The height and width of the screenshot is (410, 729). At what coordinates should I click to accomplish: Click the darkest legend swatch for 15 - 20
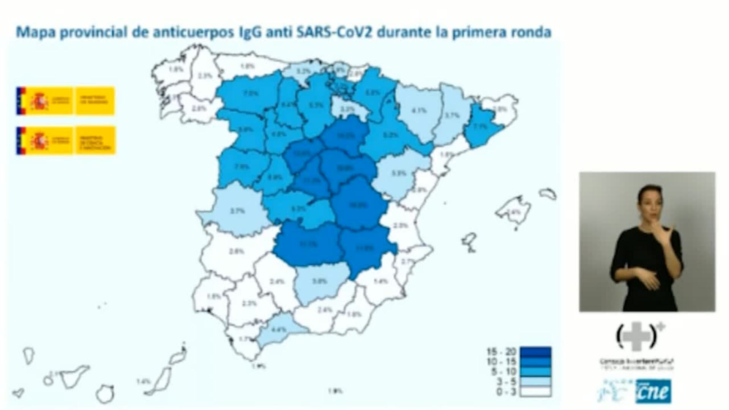coord(535,352)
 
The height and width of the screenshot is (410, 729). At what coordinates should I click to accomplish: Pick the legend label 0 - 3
coord(505,392)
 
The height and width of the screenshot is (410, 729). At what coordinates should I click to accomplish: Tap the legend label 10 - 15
coord(502,362)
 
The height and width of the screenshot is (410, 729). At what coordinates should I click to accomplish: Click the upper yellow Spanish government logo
coord(65,101)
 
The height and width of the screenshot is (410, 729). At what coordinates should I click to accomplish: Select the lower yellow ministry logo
coord(65,140)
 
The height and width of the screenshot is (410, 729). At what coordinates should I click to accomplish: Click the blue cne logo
coord(653,391)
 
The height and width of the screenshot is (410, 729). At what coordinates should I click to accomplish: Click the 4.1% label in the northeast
coord(419,111)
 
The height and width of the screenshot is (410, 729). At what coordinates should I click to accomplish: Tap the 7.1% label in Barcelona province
coord(480,126)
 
